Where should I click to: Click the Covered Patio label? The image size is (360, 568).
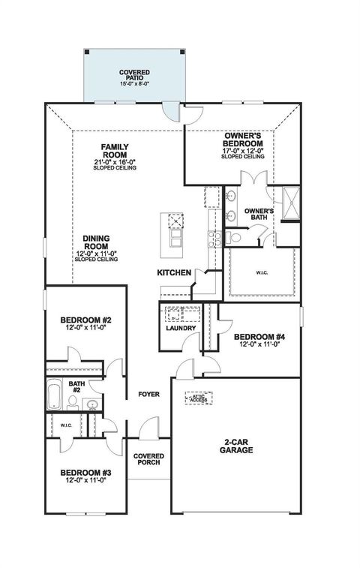click(135, 73)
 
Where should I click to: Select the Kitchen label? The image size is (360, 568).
click(173, 272)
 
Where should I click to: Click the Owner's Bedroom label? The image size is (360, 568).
click(243, 139)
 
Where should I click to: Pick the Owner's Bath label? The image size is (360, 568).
click(257, 215)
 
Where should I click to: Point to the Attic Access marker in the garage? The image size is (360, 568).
click(198, 400)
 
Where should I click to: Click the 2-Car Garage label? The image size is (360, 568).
click(236, 446)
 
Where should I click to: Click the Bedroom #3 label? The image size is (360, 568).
click(85, 472)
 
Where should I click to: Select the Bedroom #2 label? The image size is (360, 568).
click(85, 321)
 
